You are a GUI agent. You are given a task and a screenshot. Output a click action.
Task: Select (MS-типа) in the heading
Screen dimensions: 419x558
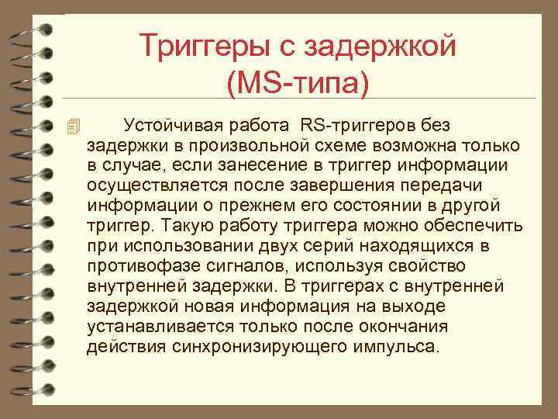(x=298, y=81)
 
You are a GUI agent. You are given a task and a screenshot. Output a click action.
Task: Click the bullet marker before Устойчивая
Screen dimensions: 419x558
(x=73, y=126)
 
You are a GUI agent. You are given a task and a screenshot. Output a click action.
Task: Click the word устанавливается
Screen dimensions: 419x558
(x=156, y=327)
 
